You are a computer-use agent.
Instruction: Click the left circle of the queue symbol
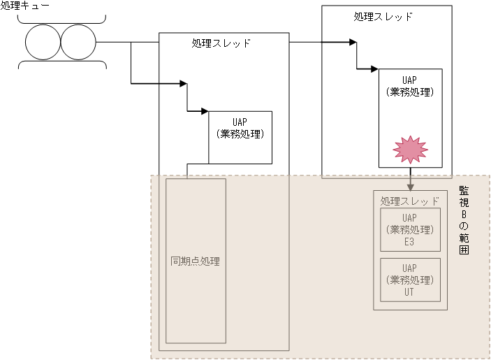[43, 42]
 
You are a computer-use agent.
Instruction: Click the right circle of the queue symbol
[78, 42]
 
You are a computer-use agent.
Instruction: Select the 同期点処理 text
[196, 262]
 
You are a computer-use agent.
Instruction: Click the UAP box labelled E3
[410, 229]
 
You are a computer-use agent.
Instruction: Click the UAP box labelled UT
[410, 280]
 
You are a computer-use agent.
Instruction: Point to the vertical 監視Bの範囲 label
[463, 224]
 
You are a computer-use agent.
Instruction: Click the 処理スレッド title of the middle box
[221, 43]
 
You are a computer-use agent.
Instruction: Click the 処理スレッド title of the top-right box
[383, 16]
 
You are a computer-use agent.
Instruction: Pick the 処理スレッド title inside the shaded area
[410, 201]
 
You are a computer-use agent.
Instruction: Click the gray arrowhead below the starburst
[410, 186]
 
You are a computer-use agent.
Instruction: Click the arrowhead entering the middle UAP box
[205, 110]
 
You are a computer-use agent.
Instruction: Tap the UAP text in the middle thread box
[240, 121]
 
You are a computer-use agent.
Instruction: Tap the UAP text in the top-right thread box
[410, 79]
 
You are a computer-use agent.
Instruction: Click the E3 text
[410, 242]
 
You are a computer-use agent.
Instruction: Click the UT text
[410, 292]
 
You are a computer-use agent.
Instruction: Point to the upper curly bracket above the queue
[61, 18]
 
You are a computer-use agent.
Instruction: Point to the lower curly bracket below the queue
[61, 65]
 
